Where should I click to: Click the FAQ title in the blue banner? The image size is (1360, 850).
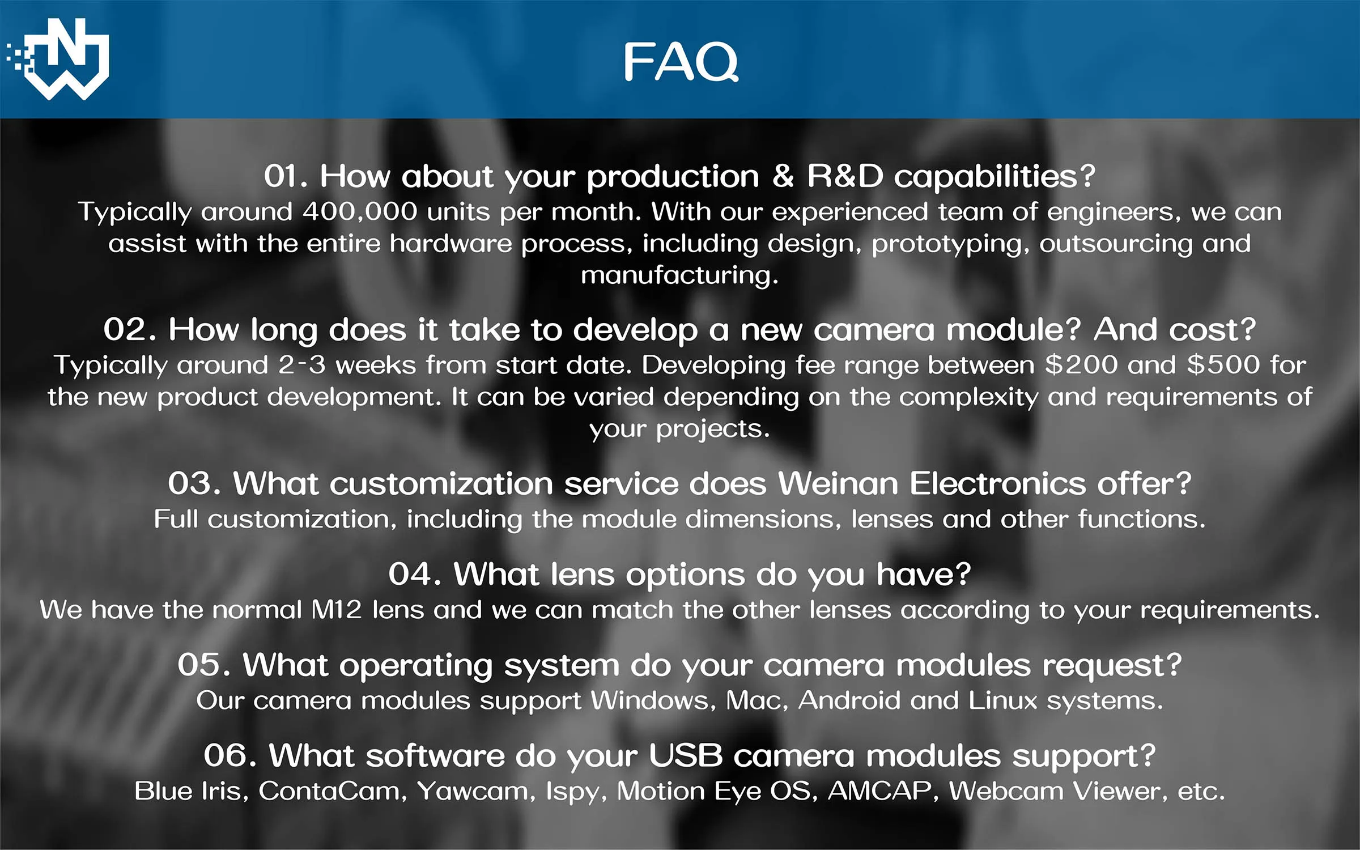tap(681, 61)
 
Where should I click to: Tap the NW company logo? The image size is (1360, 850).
tap(58, 59)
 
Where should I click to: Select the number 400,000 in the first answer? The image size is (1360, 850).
tap(360, 212)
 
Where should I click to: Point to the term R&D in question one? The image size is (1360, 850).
tap(845, 176)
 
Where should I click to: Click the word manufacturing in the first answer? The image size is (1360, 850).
tap(680, 276)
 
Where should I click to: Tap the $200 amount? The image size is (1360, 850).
tap(1081, 365)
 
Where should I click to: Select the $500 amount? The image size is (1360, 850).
tap(1223, 365)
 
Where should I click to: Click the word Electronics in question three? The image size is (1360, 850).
tap(998, 484)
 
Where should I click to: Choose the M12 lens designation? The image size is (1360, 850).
tap(337, 610)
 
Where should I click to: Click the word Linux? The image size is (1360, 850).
tap(1003, 701)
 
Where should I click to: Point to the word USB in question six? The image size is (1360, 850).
tap(686, 756)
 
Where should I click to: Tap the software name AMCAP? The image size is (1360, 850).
tap(880, 792)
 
